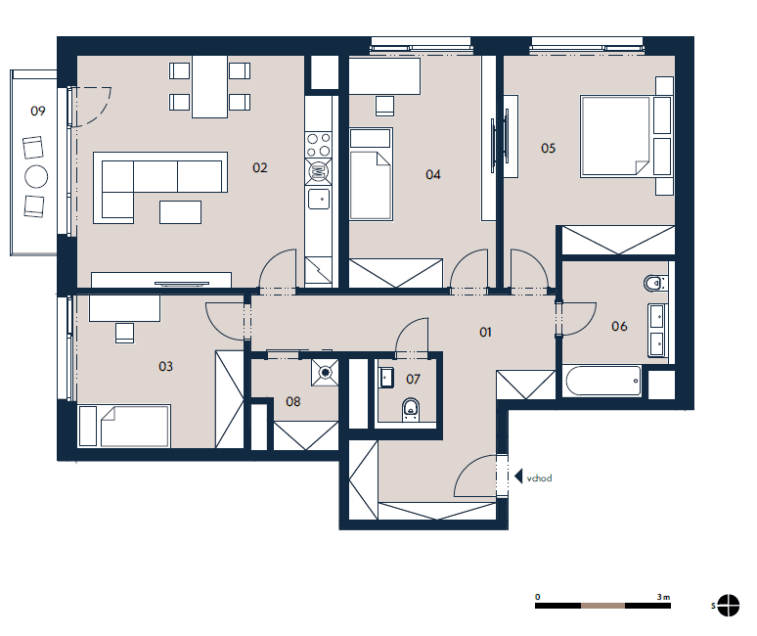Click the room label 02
pos(260,167)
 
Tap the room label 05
pos(548,148)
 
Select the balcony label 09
pos(38,112)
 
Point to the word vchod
pos(539,478)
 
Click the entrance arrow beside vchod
pos(518,477)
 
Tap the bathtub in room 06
pos(603,381)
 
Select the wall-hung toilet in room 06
pos(655,283)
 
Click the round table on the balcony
pos(36,177)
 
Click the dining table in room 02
pos(209,87)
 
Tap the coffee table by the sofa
pos(180,212)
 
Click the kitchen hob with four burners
pos(319,146)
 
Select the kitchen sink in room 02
pos(319,199)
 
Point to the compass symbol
pos(728,605)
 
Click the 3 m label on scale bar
pos(663,597)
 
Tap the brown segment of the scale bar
pos(602,606)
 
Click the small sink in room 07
pos(386,378)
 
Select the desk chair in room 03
pos(125,334)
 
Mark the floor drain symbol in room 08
pos(326,373)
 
